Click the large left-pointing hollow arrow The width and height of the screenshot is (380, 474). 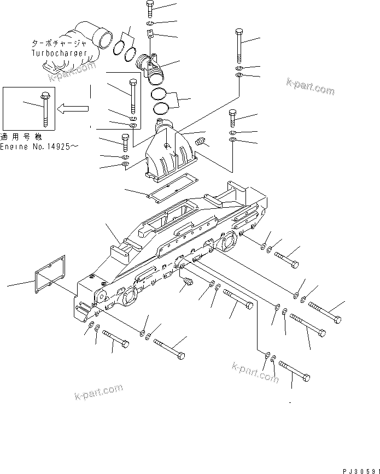click(x=73, y=108)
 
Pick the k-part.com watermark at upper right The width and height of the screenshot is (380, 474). click(x=310, y=86)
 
